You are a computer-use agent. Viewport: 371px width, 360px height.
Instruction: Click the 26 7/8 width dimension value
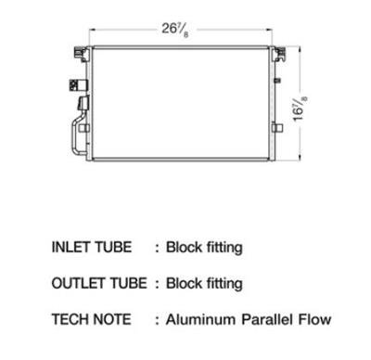pos(175,31)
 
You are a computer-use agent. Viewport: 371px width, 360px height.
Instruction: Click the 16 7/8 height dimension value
pos(300,109)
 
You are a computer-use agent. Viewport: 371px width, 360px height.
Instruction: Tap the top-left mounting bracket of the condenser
pos(82,54)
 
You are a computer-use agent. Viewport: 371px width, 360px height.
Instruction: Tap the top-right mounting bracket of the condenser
pos(279,55)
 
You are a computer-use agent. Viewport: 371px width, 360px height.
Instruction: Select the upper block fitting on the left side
pos(78,85)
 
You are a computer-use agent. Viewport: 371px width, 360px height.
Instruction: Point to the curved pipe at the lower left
pos(74,136)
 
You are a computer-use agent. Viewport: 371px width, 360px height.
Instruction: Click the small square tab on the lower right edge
pos(277,127)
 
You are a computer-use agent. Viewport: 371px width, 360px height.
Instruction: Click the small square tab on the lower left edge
pos(83,128)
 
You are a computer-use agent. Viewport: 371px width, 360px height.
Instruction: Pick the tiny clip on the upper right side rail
pos(277,80)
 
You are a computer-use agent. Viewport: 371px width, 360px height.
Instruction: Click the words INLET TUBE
pos(92,247)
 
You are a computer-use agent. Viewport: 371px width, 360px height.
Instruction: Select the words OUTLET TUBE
pos(99,283)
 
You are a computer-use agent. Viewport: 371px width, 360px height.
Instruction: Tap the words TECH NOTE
pos(91,319)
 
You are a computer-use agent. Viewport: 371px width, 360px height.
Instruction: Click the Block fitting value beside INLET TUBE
pos(204,248)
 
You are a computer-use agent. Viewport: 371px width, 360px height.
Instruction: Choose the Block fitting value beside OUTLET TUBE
pos(204,284)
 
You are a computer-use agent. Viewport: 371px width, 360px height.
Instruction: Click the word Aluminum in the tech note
pos(200,319)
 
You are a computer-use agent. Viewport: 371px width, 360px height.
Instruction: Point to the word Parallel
pos(266,319)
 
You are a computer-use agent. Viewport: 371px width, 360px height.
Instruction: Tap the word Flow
pos(314,319)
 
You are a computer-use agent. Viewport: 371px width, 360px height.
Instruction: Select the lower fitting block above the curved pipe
pos(83,103)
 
